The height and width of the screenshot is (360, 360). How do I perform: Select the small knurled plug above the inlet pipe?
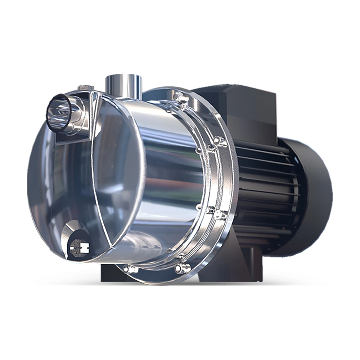pyautogui.click(x=86, y=87)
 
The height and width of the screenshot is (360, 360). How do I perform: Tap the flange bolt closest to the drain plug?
pyautogui.click(x=129, y=268)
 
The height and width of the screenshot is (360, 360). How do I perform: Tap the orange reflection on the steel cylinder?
pyautogui.click(x=180, y=180)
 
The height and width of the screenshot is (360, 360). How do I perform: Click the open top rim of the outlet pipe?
pyautogui.click(x=123, y=77)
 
